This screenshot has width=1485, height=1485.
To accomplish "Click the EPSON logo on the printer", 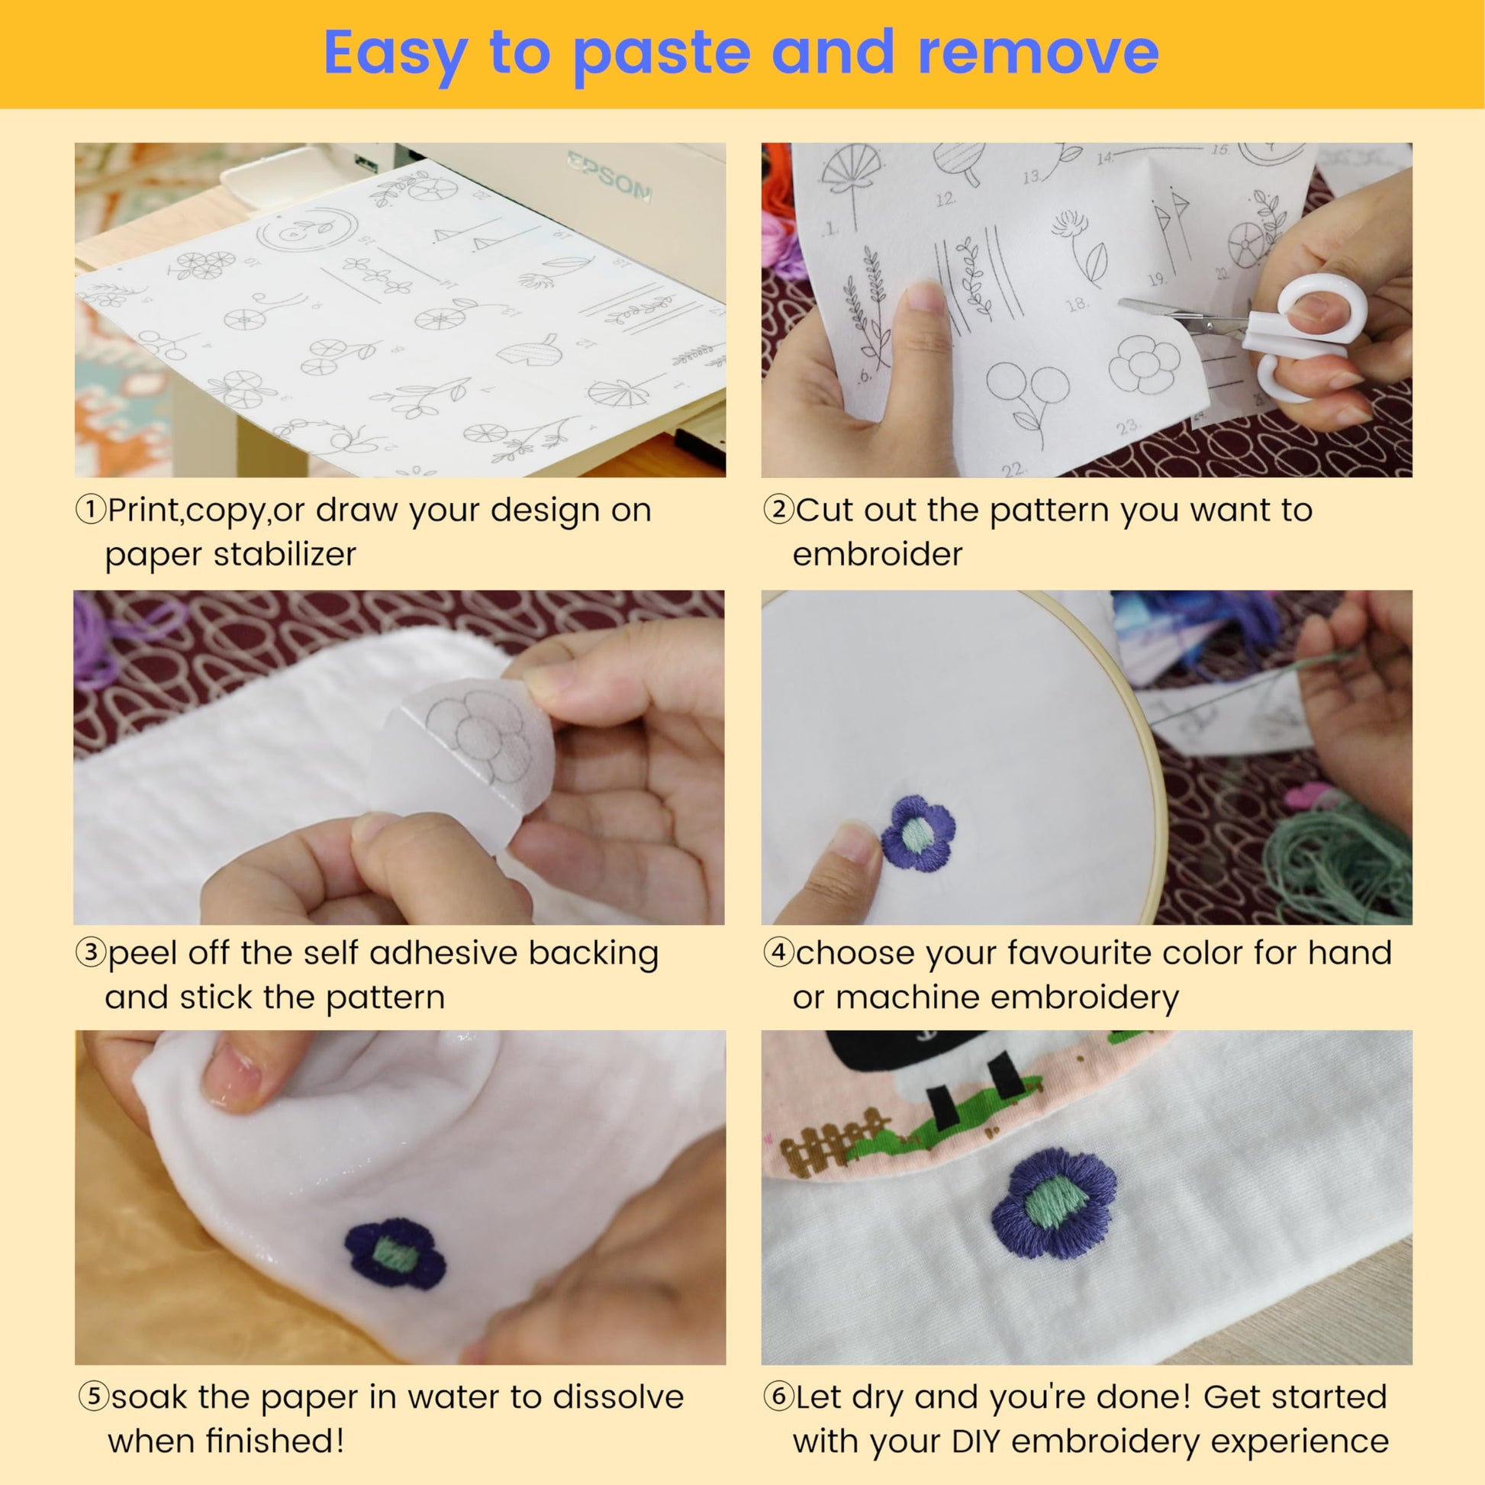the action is [610, 176].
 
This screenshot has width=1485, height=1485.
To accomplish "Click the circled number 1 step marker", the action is [91, 509].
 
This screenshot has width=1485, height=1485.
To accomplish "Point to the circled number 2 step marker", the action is [778, 509].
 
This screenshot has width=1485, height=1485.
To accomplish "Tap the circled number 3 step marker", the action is [91, 952].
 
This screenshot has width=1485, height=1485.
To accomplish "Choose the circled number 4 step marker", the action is [778, 952].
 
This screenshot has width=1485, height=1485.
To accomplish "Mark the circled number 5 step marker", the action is [94, 1396].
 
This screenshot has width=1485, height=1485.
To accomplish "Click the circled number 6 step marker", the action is [778, 1396].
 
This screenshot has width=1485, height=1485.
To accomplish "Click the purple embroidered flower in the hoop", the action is [918, 833].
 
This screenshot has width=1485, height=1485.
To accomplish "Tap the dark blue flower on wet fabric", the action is [395, 1254].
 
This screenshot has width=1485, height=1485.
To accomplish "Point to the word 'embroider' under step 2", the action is [877, 554].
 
